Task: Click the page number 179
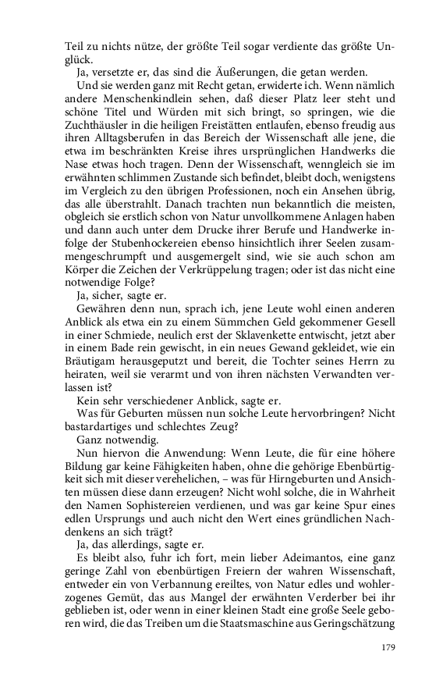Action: coord(388,646)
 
